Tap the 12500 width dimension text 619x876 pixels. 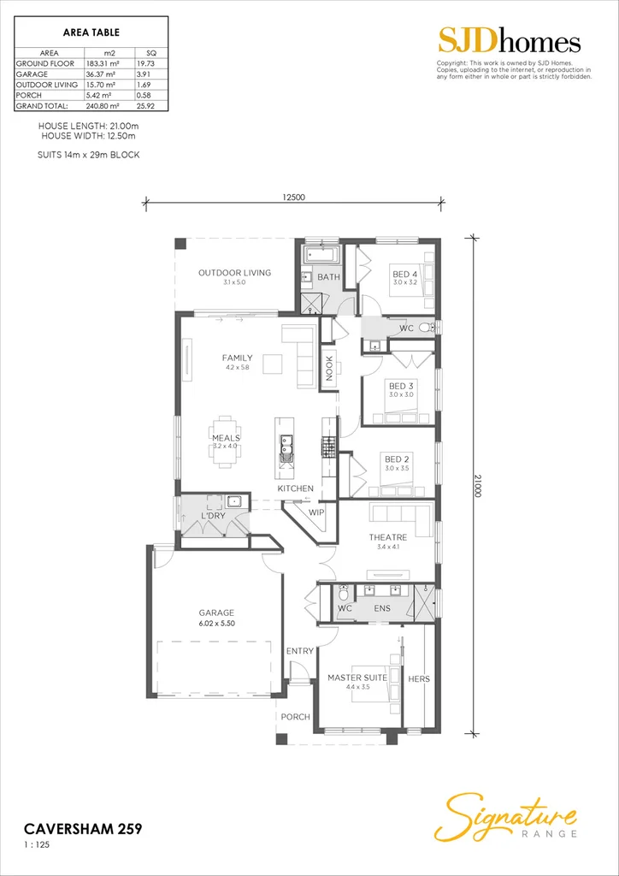tap(294, 197)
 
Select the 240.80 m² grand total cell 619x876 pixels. tap(104, 106)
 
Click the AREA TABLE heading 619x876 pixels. tap(91, 33)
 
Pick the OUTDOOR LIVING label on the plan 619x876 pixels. tap(234, 273)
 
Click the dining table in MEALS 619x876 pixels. tap(227, 442)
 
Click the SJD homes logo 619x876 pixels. tap(510, 41)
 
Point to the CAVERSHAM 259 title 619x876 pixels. tap(82, 828)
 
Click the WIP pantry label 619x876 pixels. tap(316, 513)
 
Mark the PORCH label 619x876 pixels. tap(296, 717)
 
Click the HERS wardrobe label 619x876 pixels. tap(419, 678)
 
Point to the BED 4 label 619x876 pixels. tap(405, 274)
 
